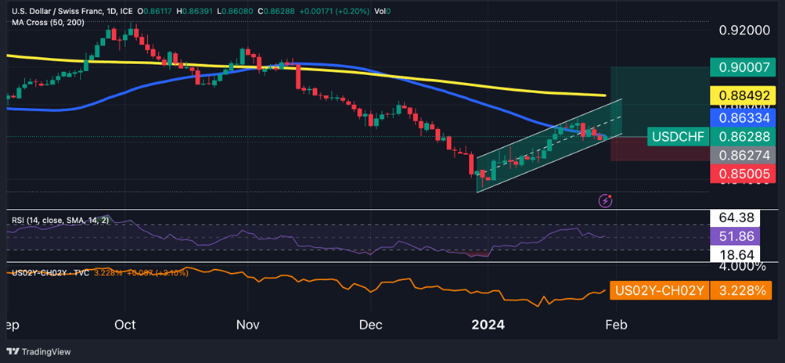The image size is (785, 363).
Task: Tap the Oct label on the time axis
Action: pos(124,324)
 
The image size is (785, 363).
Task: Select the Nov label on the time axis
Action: pos(247,324)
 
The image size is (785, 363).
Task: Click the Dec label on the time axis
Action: pos(370,324)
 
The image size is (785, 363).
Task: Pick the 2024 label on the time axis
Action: pos(488,324)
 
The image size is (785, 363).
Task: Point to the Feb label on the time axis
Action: pos(617,324)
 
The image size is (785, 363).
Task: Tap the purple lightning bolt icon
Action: pos(605,201)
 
